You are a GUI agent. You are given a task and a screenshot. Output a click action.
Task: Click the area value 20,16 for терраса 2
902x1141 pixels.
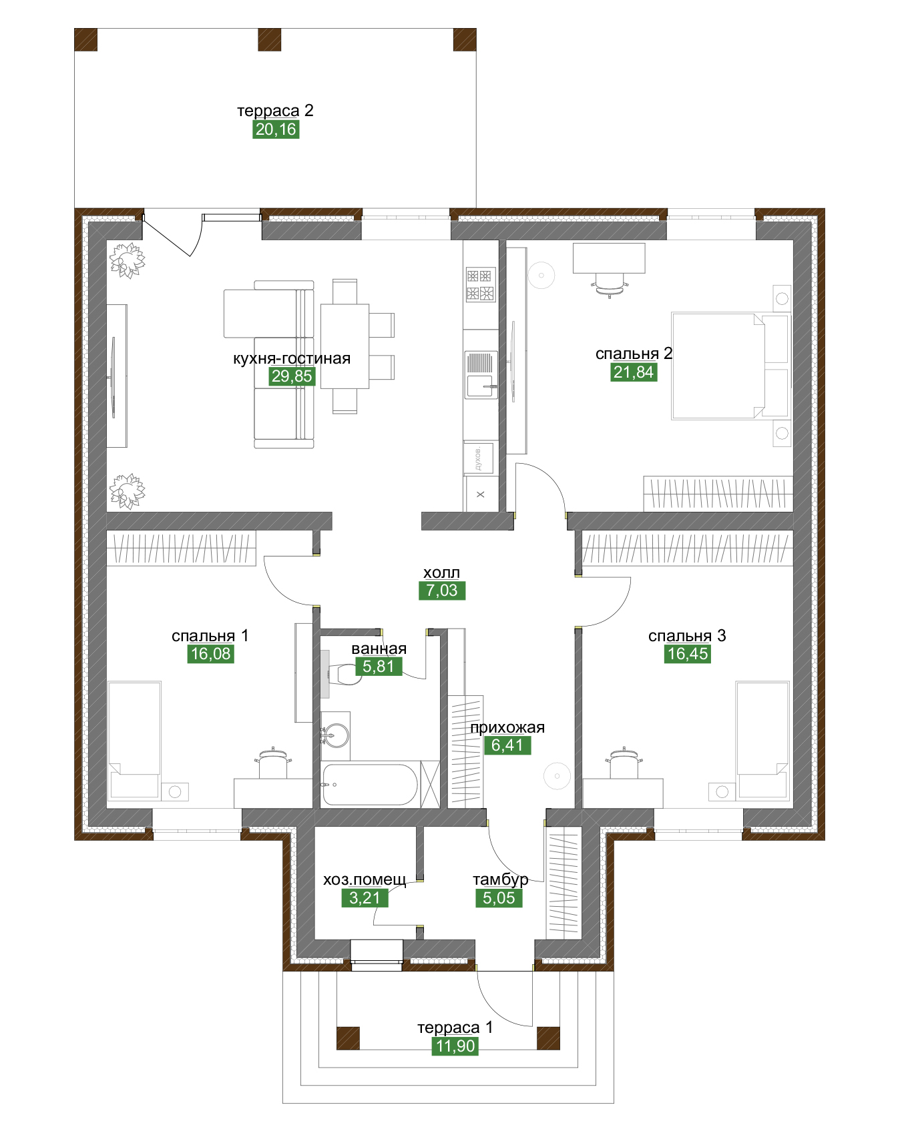(x=276, y=129)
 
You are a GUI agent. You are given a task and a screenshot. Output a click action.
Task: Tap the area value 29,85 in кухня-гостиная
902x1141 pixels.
(x=292, y=376)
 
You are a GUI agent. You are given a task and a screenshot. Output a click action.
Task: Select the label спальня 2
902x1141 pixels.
(x=634, y=354)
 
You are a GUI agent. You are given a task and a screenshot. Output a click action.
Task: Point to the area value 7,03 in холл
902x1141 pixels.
(x=442, y=591)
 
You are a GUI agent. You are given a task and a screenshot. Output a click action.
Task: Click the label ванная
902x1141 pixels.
(x=379, y=649)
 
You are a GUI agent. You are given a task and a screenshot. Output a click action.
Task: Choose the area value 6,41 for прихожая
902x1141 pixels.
(x=507, y=745)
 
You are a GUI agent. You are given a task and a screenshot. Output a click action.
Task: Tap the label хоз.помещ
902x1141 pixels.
(x=365, y=880)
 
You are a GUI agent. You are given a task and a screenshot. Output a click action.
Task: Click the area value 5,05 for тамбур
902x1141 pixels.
(x=499, y=898)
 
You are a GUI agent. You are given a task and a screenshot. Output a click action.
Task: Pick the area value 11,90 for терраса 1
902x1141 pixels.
(x=455, y=1046)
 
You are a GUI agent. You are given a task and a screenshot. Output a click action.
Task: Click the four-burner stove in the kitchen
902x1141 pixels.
(x=481, y=284)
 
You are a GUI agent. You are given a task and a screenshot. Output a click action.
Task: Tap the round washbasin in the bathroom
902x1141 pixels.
(x=335, y=736)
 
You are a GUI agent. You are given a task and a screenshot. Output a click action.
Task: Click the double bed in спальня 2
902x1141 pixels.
(x=730, y=366)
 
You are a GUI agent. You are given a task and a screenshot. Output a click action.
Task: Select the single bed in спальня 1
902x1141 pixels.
(x=134, y=740)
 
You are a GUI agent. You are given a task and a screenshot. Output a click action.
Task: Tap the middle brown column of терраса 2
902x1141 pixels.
(x=270, y=39)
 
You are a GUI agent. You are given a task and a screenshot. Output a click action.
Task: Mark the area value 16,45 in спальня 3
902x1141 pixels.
(x=688, y=654)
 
